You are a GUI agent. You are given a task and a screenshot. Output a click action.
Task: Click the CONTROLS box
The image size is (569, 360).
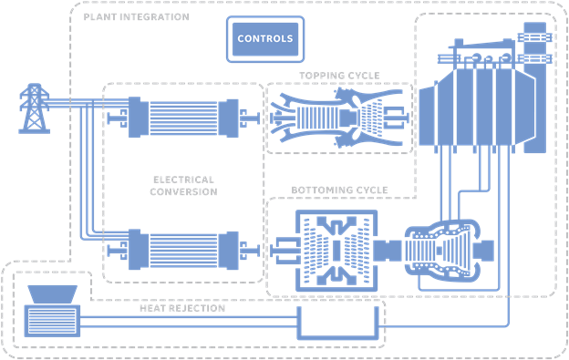pyautogui.click(x=264, y=39)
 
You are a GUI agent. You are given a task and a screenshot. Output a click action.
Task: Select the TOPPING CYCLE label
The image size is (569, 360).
pyautogui.click(x=339, y=75)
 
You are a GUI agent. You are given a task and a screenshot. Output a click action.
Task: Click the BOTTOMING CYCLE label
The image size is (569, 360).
pyautogui.click(x=339, y=190)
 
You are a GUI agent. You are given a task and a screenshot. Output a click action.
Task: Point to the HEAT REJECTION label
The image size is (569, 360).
pyautogui.click(x=181, y=308)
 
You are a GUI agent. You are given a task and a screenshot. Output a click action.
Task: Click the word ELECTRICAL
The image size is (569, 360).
pyautogui.click(x=182, y=180)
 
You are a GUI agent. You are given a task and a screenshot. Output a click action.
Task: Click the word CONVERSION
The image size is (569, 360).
pyautogui.click(x=182, y=192)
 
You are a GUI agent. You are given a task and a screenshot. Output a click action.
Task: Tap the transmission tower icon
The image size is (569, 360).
pyautogui.click(x=34, y=108)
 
